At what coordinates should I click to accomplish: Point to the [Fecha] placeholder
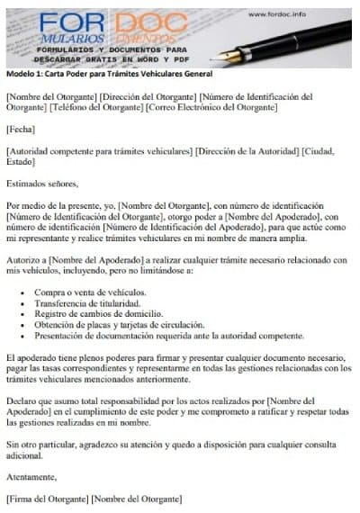[x=20, y=130]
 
